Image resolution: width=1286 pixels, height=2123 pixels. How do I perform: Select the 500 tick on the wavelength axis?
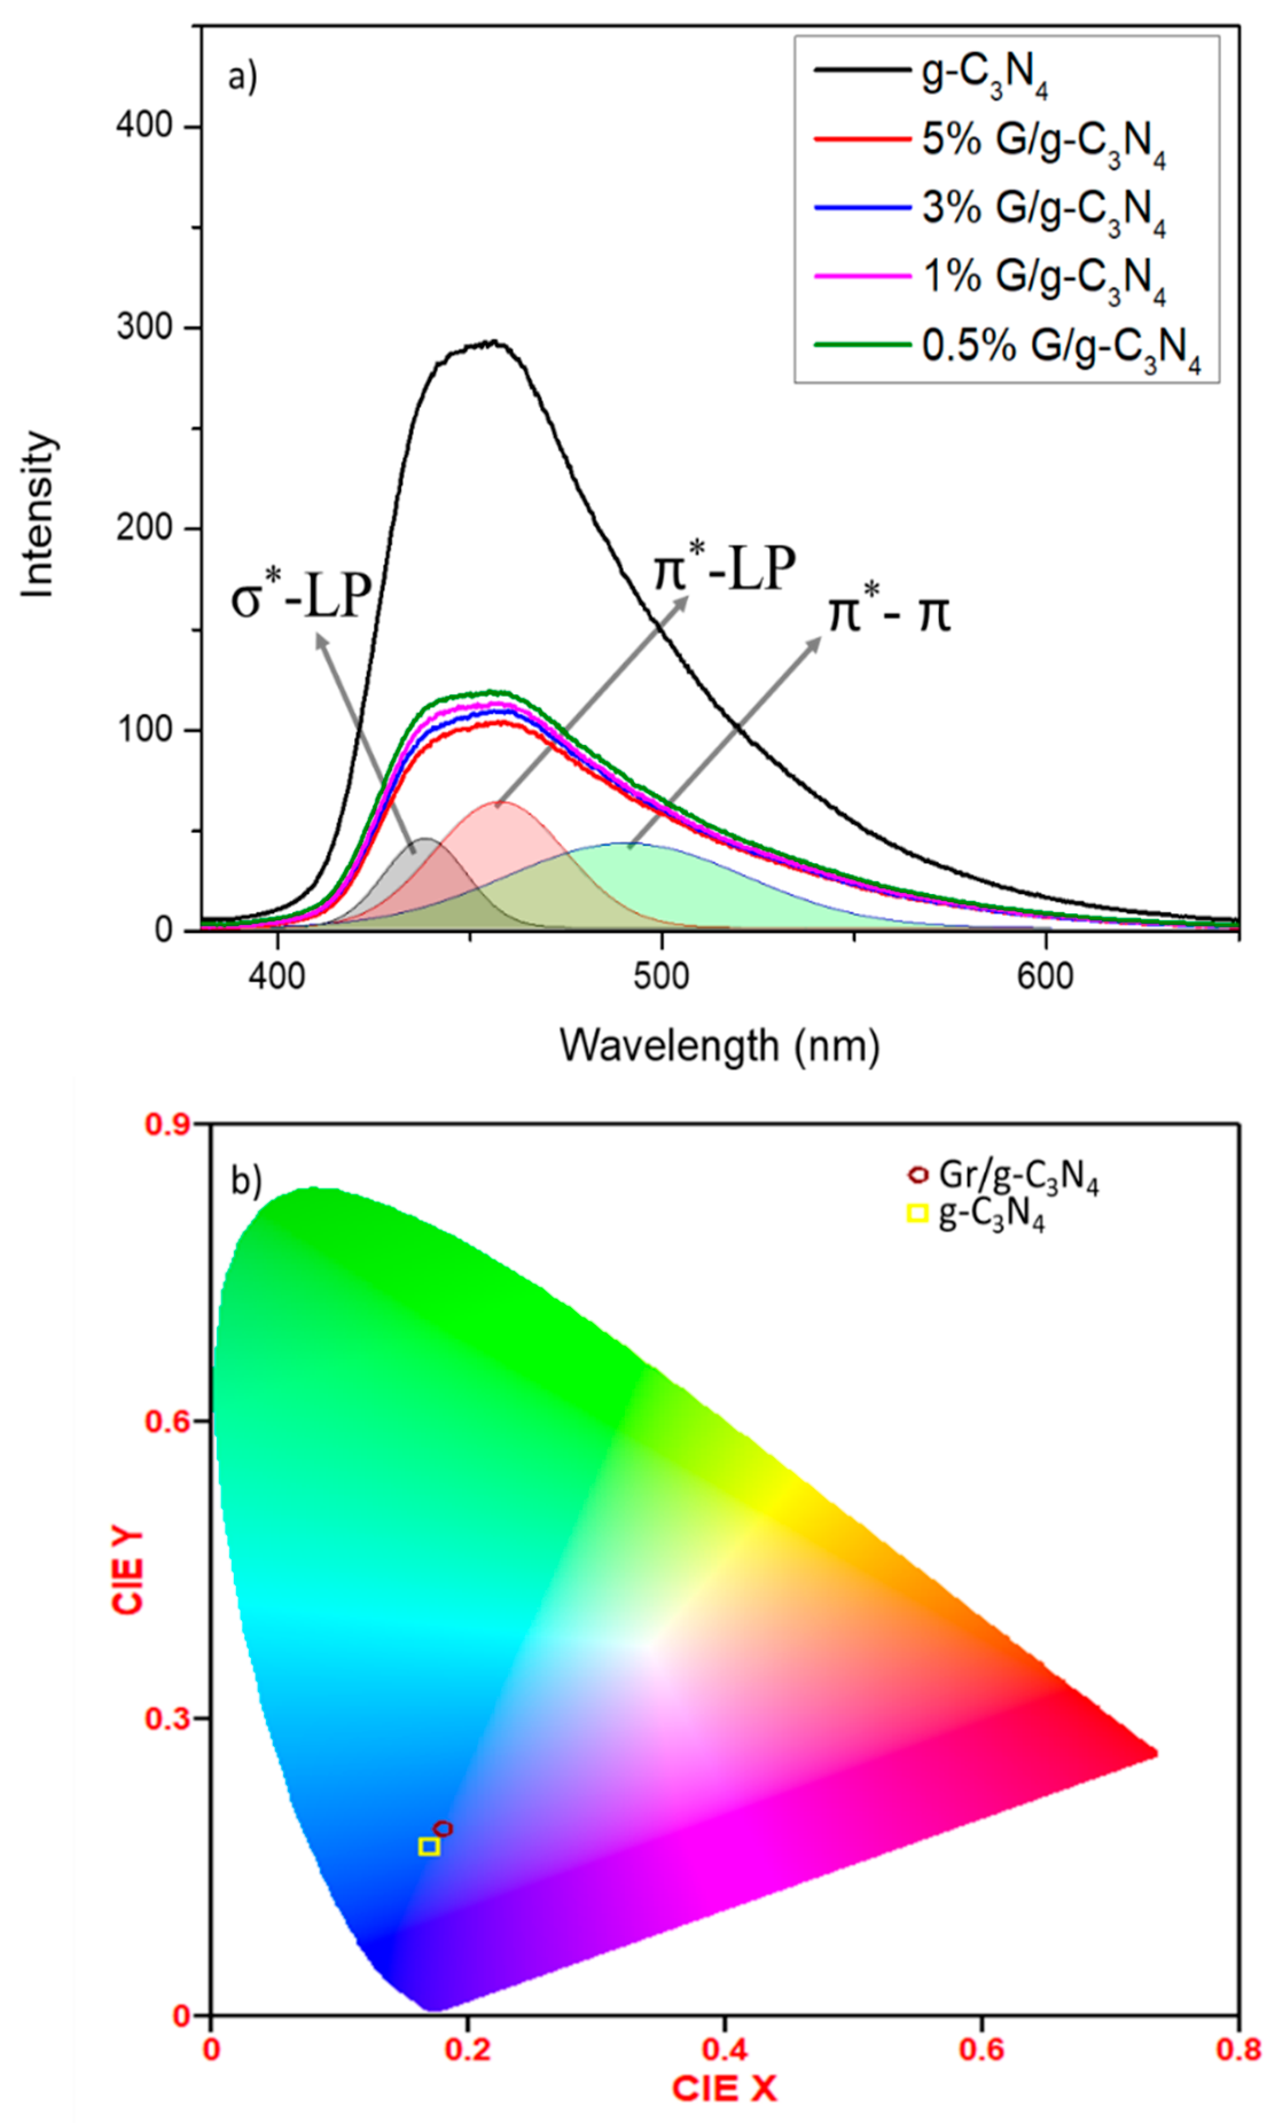click(x=660, y=977)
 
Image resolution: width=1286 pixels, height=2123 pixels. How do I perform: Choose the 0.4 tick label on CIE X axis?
click(x=724, y=2050)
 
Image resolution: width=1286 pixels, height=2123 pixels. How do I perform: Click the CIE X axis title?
click(x=724, y=2089)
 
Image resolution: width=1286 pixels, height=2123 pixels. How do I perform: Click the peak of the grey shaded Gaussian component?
click(x=423, y=838)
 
